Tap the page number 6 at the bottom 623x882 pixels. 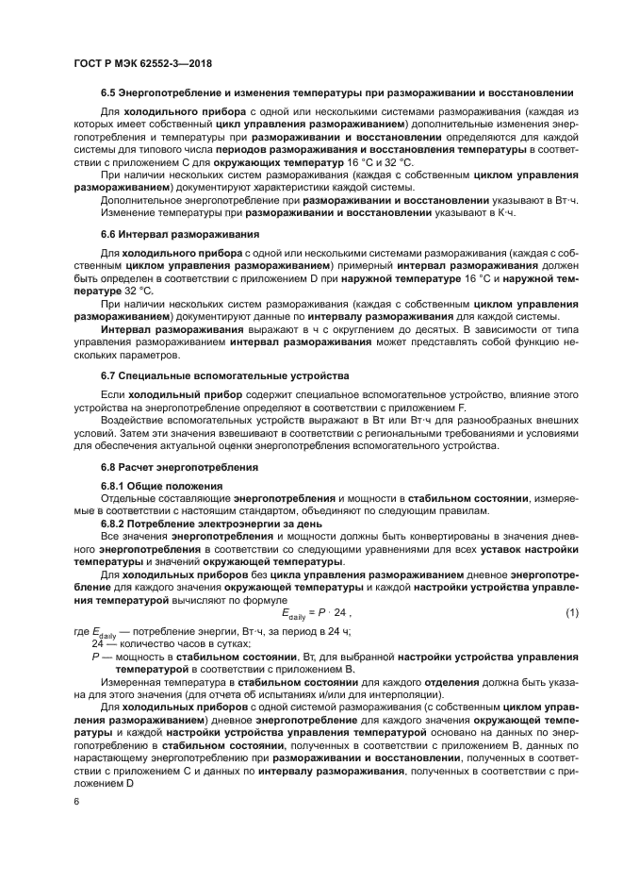coord(76,801)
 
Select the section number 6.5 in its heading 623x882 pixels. coord(108,93)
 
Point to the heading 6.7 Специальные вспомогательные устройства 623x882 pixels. coord(224,375)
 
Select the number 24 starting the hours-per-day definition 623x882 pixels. coord(97,642)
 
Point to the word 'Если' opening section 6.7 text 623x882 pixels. coord(112,394)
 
